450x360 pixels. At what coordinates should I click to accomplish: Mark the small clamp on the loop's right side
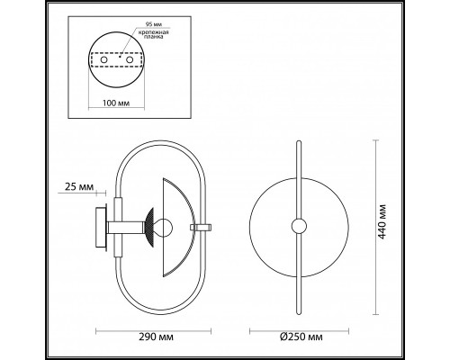pos(206,225)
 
